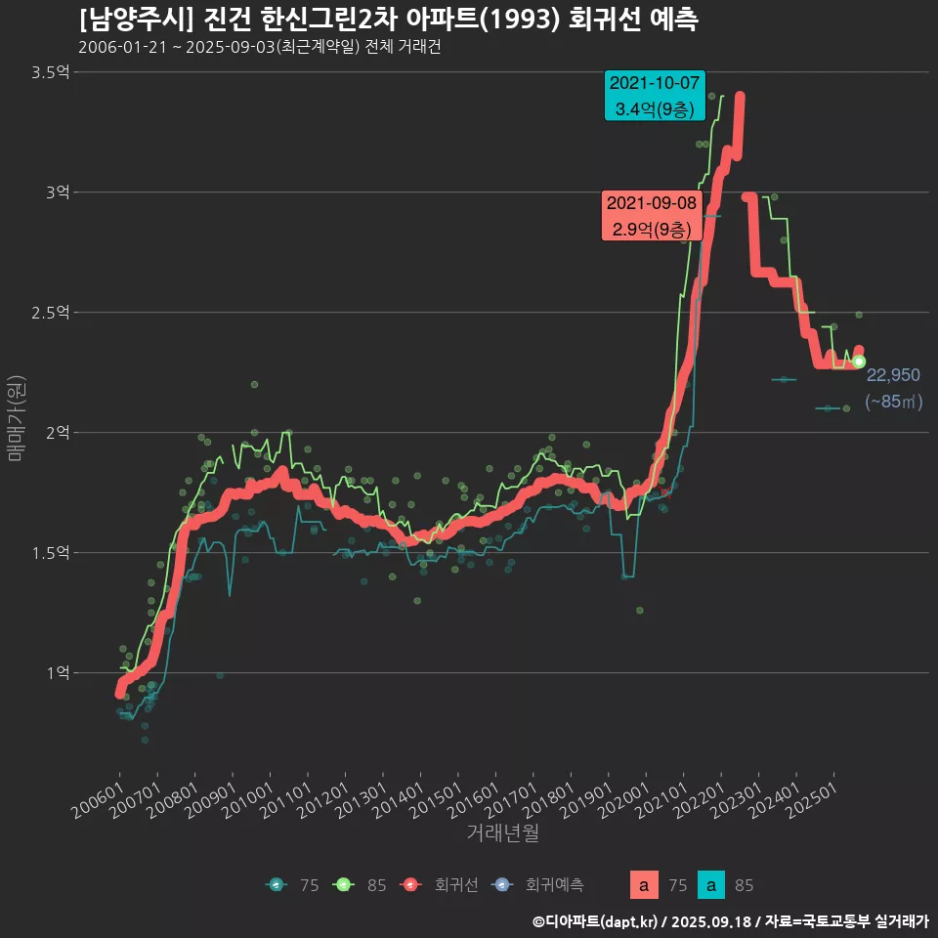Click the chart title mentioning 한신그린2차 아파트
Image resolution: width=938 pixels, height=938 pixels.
[x=388, y=20]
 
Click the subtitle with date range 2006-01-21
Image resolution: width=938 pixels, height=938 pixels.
[x=260, y=48]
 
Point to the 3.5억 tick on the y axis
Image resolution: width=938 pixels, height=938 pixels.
[x=50, y=72]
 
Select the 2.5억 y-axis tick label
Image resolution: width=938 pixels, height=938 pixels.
[x=50, y=313]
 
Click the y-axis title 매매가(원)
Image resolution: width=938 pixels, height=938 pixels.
[x=17, y=417]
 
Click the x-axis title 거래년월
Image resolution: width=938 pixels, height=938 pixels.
[x=502, y=832]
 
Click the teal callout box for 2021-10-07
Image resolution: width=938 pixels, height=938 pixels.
[x=655, y=96]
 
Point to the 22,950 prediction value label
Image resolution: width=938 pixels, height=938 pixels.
[x=893, y=375]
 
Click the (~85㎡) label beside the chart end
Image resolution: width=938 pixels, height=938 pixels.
[x=893, y=402]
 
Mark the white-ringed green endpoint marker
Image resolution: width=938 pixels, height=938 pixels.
[x=859, y=362]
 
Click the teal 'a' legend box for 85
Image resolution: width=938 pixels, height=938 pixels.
[x=713, y=885]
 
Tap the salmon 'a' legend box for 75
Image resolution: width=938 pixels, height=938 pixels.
[x=643, y=885]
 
